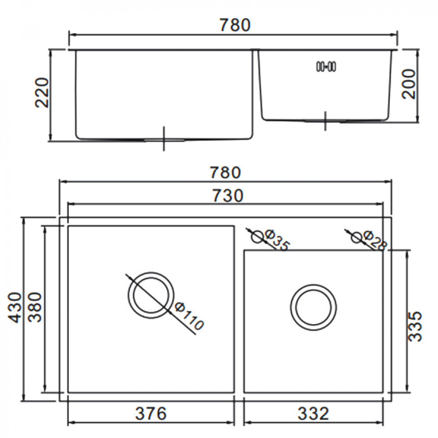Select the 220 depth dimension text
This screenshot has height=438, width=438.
pyautogui.click(x=42, y=93)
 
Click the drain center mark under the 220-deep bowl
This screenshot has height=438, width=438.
pyautogui.click(x=164, y=139)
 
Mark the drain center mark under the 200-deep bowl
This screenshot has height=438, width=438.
pyautogui.click(x=325, y=120)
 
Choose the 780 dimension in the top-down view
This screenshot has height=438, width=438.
pyautogui.click(x=225, y=173)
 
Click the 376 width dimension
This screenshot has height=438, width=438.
pyautogui.click(x=150, y=413)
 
